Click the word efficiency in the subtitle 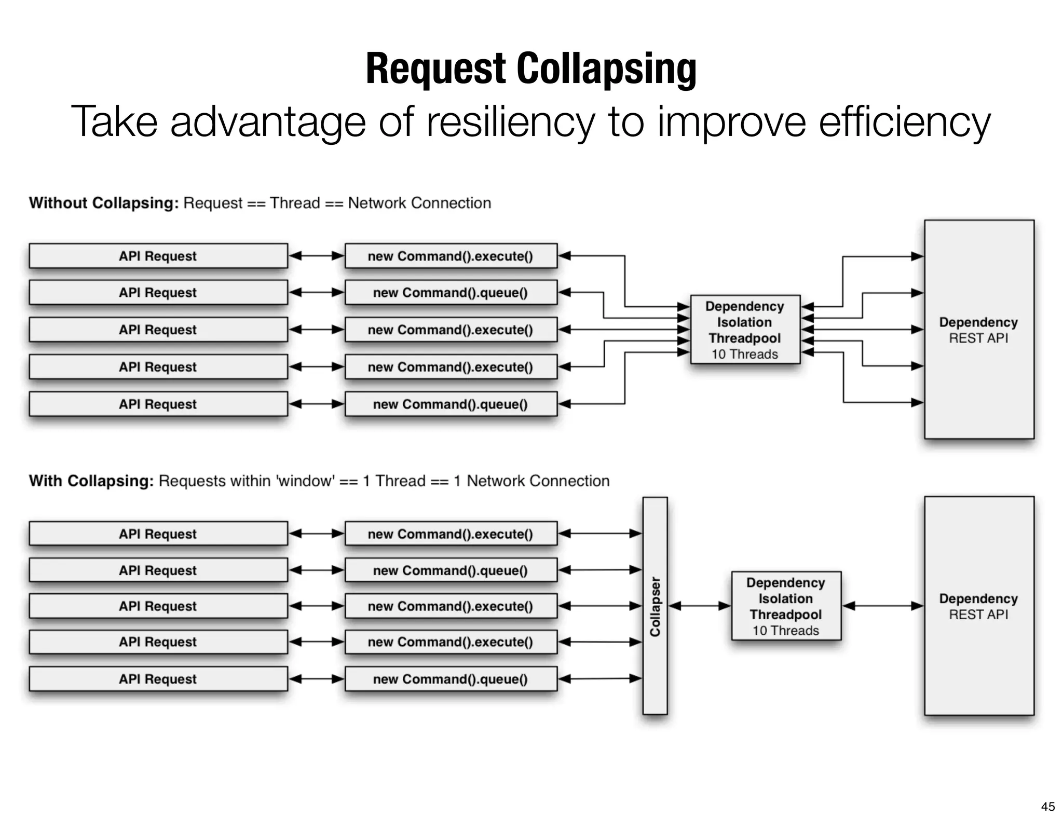tap(904, 122)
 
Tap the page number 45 tap(1047, 806)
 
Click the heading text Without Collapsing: tap(104, 203)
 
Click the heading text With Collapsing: tap(91, 481)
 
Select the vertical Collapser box tap(655, 606)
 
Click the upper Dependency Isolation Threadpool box tap(745, 329)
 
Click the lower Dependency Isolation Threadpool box tap(786, 606)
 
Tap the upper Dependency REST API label tap(978, 330)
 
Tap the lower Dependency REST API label tap(978, 606)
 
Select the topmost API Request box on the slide tap(158, 256)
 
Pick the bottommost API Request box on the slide tap(158, 679)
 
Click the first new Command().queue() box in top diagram tap(451, 293)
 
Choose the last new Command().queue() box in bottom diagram tap(451, 679)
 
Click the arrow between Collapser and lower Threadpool tap(700, 606)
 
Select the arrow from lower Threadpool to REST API tap(882, 606)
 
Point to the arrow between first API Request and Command tap(316, 255)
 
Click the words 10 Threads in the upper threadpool tap(745, 355)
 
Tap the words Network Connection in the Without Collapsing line tap(419, 203)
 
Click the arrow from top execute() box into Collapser tap(600, 534)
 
